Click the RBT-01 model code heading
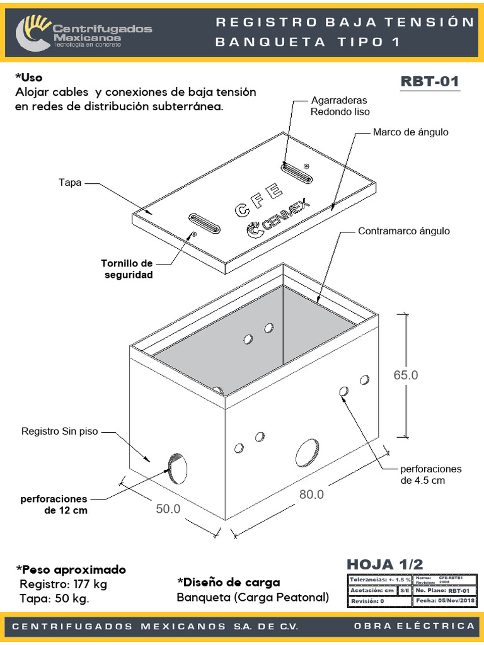coord(430,82)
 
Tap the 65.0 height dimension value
coord(406,375)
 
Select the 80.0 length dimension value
coord(311,494)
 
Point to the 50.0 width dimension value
coord(168,508)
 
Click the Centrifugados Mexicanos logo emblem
coord(33,33)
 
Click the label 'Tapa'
coord(70,183)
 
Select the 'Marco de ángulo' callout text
coord(410,132)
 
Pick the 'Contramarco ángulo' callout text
coord(404,231)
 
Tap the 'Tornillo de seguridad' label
coord(127,269)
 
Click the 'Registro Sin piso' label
coord(60,431)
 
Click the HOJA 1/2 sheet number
coord(385,564)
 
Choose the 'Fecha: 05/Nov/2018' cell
coord(445,601)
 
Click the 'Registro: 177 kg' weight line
coord(63,584)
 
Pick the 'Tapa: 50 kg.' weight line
coord(54,598)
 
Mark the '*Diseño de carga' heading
coord(229,582)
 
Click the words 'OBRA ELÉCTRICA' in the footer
coord(414,625)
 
